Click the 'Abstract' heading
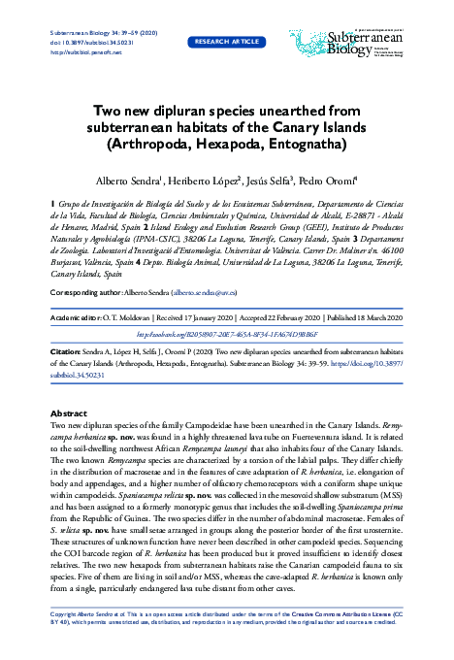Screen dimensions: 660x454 tap(68, 412)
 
